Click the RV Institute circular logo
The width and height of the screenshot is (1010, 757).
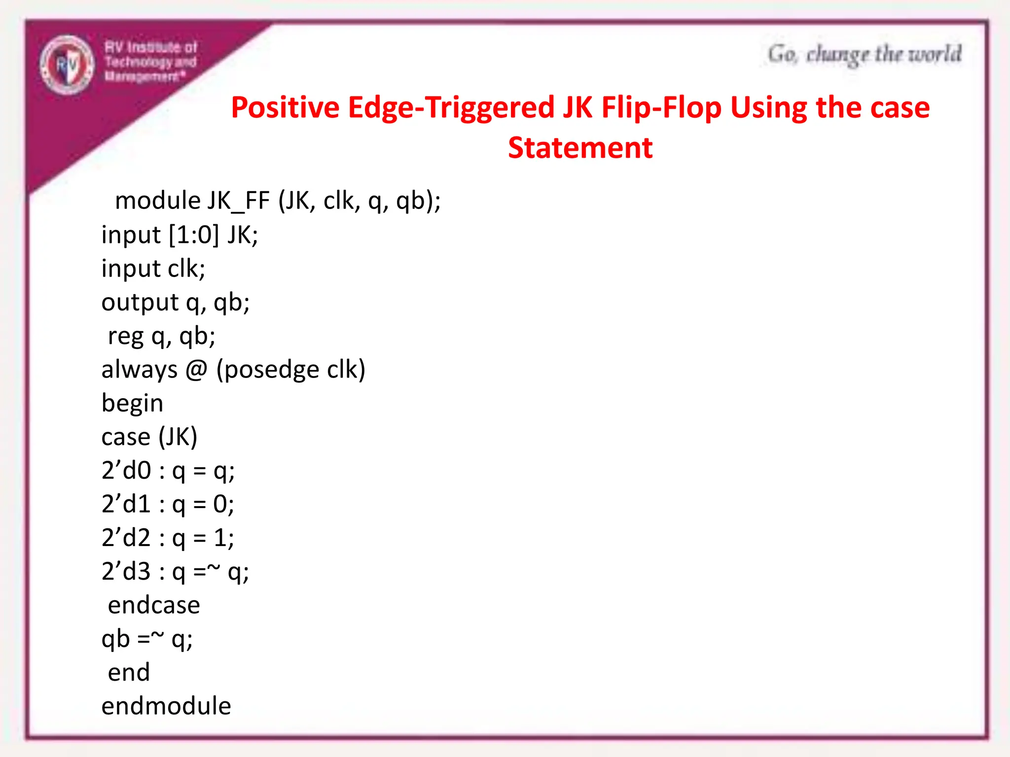tap(67, 65)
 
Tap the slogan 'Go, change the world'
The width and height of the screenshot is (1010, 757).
tap(864, 54)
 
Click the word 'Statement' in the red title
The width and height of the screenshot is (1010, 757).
tap(580, 148)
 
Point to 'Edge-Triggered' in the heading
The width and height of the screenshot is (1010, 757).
tap(451, 107)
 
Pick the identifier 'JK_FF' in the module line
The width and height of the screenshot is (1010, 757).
tap(239, 201)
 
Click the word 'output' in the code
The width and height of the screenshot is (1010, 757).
tap(140, 302)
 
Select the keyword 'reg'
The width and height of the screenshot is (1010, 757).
tap(126, 337)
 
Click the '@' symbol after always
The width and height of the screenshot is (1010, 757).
tap(196, 370)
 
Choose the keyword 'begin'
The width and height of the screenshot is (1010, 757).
tap(132, 403)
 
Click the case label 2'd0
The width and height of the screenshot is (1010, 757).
tap(126, 470)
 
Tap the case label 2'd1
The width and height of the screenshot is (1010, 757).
tap(126, 504)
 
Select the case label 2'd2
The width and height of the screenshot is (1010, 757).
tap(126, 537)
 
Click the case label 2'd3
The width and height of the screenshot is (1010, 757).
tap(126, 571)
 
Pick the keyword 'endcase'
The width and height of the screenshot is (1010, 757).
tap(154, 605)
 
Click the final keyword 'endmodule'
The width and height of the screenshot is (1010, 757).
tap(166, 706)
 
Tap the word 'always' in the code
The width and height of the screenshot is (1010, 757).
tap(140, 370)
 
